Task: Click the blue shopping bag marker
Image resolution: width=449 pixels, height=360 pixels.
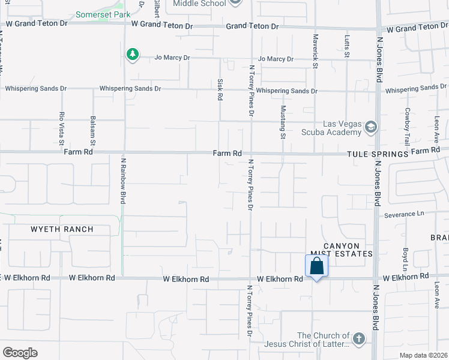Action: point(317,266)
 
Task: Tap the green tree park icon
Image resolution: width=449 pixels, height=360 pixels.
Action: point(132,55)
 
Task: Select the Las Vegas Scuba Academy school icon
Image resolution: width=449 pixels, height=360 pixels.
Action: point(371,127)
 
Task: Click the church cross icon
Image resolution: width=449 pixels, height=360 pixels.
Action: point(359,339)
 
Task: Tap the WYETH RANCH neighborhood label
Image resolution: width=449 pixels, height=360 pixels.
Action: point(62,229)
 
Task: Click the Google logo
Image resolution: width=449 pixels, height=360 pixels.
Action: point(20,353)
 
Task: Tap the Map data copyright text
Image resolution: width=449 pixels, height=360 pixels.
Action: point(424,355)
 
